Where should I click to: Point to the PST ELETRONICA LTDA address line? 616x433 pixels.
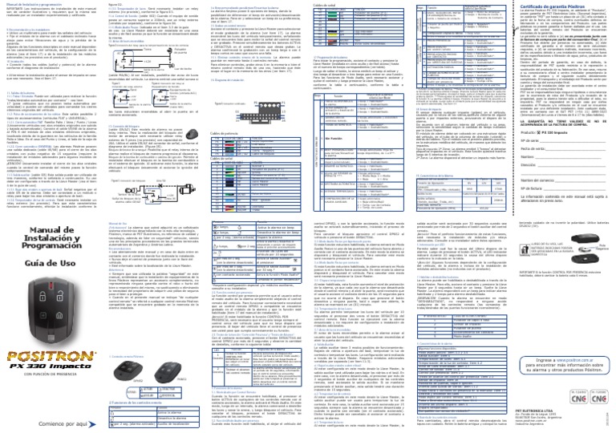tap(521, 412)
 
